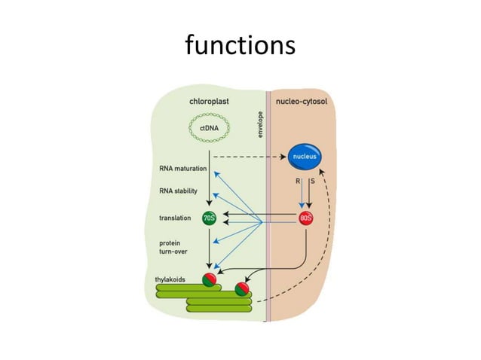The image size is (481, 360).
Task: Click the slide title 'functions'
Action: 240,46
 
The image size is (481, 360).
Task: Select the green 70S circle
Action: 209,219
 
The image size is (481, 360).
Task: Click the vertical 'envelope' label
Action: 259,124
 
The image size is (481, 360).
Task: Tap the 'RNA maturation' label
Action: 183,169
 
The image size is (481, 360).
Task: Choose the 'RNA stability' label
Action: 179,191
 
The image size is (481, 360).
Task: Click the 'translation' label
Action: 174,219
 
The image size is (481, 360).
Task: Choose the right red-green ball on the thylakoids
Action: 243,287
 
